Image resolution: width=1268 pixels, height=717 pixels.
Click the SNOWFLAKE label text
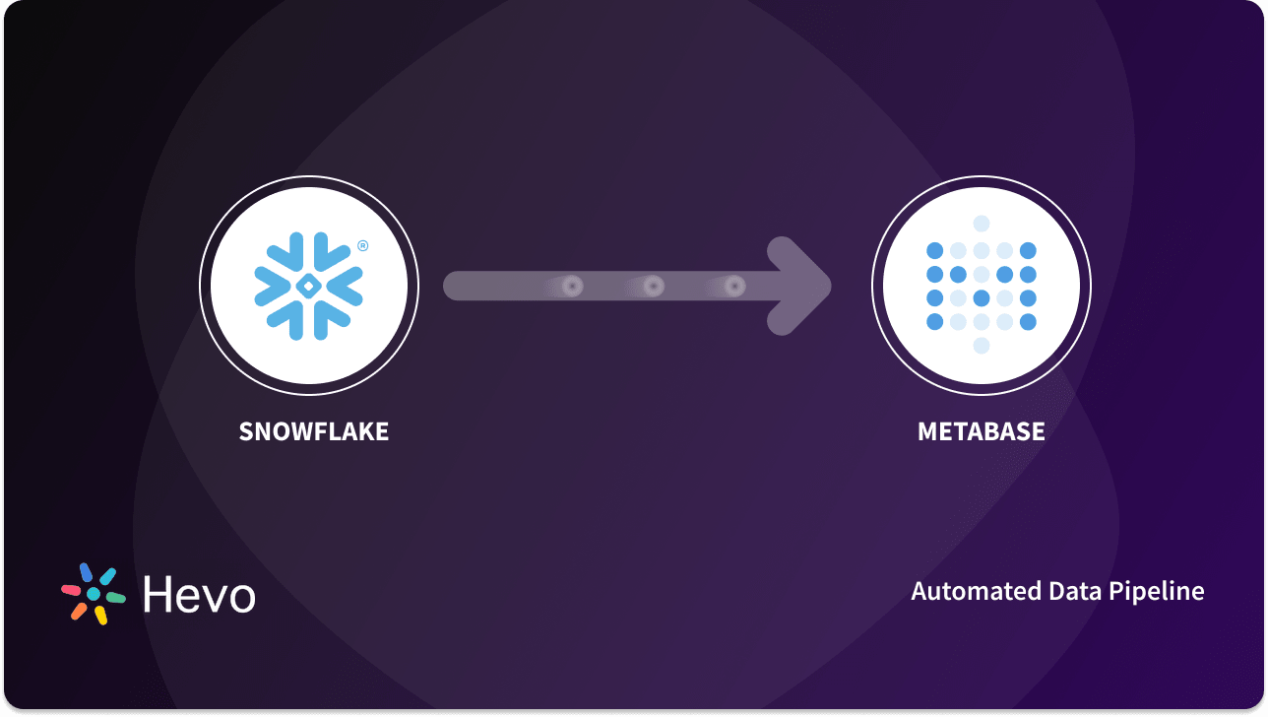click(313, 431)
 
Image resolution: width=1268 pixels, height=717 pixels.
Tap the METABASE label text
click(981, 431)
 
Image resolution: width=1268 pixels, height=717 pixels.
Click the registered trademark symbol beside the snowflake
click(362, 245)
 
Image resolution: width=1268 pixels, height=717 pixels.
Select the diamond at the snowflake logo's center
click(308, 286)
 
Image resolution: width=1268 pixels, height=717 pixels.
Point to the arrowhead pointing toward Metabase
click(801, 286)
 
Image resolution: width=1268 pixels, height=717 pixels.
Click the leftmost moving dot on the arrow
click(572, 287)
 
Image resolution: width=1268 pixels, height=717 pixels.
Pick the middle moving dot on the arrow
click(653, 287)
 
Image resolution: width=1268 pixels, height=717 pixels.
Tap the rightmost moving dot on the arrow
click(733, 287)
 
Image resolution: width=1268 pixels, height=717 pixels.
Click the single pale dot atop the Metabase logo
click(981, 225)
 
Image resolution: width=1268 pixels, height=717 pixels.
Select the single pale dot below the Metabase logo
click(981, 346)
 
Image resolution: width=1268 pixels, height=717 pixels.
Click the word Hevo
click(199, 595)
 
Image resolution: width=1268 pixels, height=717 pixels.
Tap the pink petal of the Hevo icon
click(71, 590)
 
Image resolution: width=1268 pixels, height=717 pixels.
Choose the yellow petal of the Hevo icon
click(100, 616)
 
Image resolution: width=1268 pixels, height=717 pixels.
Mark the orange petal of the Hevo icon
click(79, 612)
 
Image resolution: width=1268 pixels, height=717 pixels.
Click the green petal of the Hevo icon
click(116, 597)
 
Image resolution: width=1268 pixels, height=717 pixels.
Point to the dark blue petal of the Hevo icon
click(86, 572)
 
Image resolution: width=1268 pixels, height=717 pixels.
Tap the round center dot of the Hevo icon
click(94, 595)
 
